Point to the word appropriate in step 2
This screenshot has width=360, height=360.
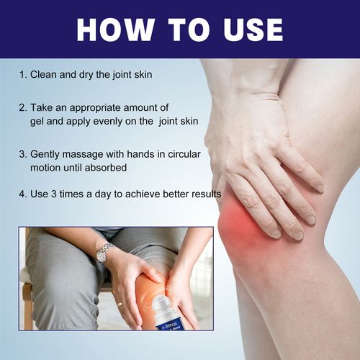click(x=95, y=109)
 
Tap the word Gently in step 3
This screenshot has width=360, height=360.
click(x=45, y=154)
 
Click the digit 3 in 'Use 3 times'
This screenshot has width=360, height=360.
click(x=53, y=194)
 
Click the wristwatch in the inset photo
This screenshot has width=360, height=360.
click(x=104, y=253)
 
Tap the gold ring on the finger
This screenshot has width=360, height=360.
click(x=120, y=305)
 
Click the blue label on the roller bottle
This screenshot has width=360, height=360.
click(x=167, y=323)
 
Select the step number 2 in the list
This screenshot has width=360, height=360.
click(x=22, y=108)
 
